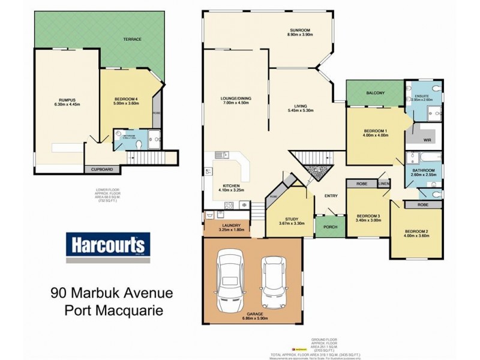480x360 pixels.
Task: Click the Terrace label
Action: coord(132,40)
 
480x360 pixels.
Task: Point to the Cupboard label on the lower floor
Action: coord(101,170)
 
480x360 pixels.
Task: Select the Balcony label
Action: coord(375,92)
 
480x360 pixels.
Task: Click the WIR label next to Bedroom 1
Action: coord(427,140)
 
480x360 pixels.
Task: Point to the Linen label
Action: coord(384,183)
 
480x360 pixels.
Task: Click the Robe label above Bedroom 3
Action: coord(361,183)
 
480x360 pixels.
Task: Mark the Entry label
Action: coord(331,196)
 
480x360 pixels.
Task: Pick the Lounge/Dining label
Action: coord(235,98)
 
